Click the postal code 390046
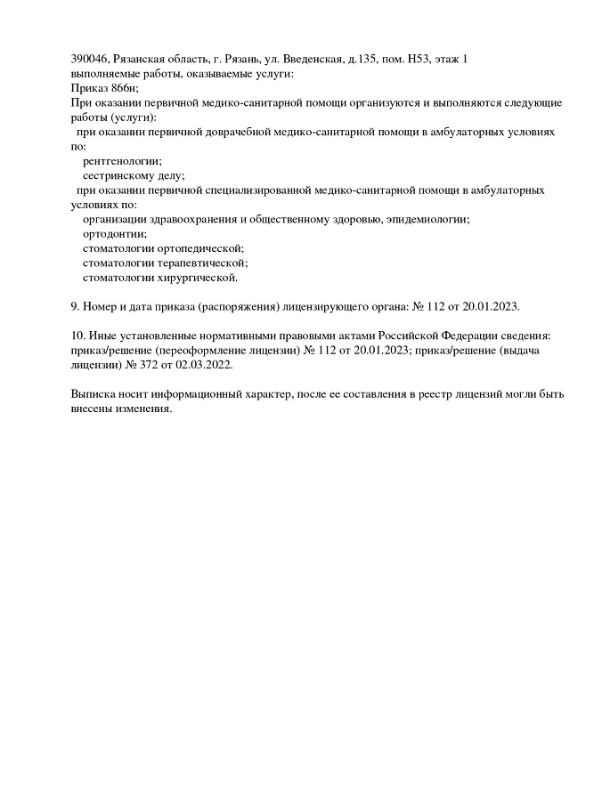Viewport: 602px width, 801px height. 89,59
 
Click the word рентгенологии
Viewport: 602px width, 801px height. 122,161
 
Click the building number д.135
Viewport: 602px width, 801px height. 362,59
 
